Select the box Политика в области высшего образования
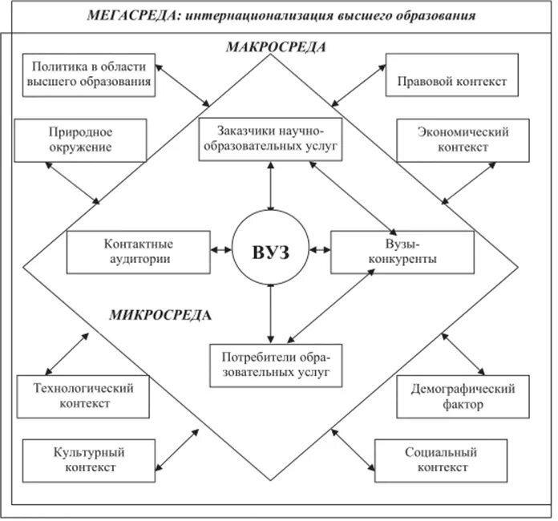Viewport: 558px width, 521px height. coord(90,75)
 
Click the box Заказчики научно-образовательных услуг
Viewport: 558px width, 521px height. coord(269,138)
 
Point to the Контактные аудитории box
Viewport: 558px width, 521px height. coord(138,251)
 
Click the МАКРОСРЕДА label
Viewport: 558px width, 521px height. coord(274,47)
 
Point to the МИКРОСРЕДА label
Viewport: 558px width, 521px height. coord(161,314)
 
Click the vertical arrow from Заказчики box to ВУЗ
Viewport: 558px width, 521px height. coord(271,185)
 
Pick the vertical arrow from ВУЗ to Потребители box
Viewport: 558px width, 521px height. coord(271,314)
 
